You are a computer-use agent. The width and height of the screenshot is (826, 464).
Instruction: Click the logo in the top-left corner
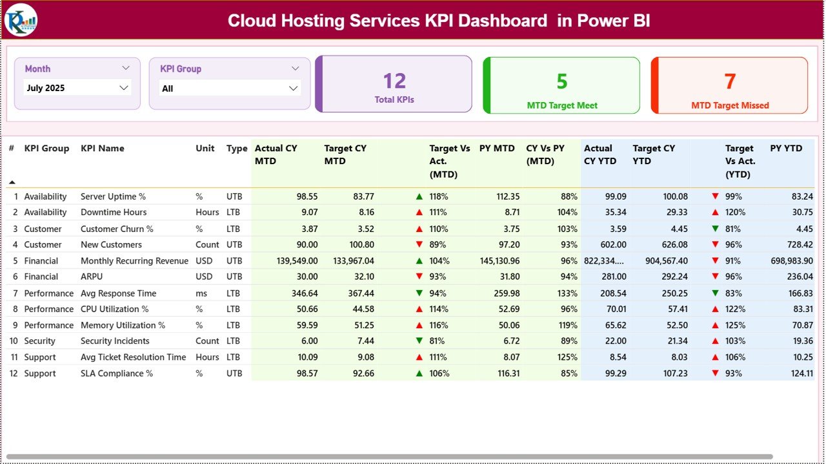coord(21,20)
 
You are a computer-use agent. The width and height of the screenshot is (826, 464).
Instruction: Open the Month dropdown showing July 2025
coord(77,88)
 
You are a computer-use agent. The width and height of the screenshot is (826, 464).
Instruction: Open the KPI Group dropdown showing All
coord(229,89)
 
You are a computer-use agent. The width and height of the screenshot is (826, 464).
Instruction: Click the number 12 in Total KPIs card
coord(394,81)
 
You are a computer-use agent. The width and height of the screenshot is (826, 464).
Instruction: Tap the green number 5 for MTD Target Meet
coord(562,81)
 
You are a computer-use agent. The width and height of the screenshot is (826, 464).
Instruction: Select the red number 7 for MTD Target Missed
coord(730,81)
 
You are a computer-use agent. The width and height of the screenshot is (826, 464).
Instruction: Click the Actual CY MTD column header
coord(276,154)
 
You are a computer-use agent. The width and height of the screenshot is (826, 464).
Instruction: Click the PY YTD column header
coord(786,148)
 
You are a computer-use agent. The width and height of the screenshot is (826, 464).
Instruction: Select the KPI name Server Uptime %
coord(113,196)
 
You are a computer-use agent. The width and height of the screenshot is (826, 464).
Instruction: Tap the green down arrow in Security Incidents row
coord(419,341)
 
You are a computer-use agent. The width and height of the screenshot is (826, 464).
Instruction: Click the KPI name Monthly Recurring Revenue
coord(134,261)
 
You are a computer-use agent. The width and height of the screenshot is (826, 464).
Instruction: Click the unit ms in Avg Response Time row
coord(201,293)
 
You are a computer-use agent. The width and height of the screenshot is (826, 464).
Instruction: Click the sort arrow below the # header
coord(12,182)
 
